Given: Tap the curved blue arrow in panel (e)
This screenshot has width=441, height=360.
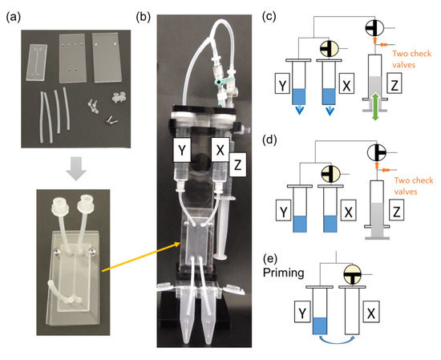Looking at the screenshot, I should tap(345, 341).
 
